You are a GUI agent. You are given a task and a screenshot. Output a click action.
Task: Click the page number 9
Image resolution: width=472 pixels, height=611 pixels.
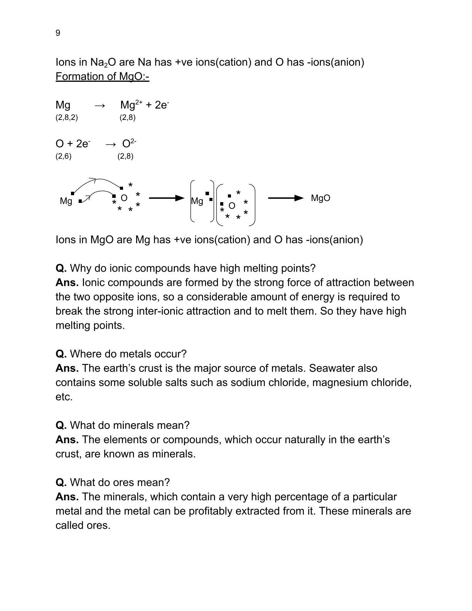point(58,33)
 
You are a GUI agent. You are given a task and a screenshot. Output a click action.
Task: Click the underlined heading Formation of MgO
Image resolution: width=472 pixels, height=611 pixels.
point(102,76)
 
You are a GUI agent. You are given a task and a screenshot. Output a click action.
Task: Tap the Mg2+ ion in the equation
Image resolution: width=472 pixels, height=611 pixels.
point(131,105)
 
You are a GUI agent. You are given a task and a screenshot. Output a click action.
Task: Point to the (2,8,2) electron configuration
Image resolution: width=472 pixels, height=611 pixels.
point(67,118)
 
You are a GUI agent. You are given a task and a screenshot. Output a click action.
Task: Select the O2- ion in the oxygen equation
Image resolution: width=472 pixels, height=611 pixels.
point(129,143)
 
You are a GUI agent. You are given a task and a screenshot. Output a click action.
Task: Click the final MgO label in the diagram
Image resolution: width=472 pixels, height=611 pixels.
point(320,198)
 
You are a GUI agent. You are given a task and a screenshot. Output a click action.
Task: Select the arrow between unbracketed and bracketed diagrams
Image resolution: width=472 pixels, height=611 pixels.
point(167,198)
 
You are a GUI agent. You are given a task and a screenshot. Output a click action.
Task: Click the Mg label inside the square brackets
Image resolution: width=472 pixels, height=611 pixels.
point(197,201)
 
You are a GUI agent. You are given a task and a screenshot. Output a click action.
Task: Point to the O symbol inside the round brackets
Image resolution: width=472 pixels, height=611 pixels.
point(232,206)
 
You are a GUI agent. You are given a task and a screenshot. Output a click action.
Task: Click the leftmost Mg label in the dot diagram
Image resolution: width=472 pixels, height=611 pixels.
point(66,201)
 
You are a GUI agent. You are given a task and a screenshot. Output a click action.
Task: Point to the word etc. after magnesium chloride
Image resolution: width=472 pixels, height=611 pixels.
point(64,397)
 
